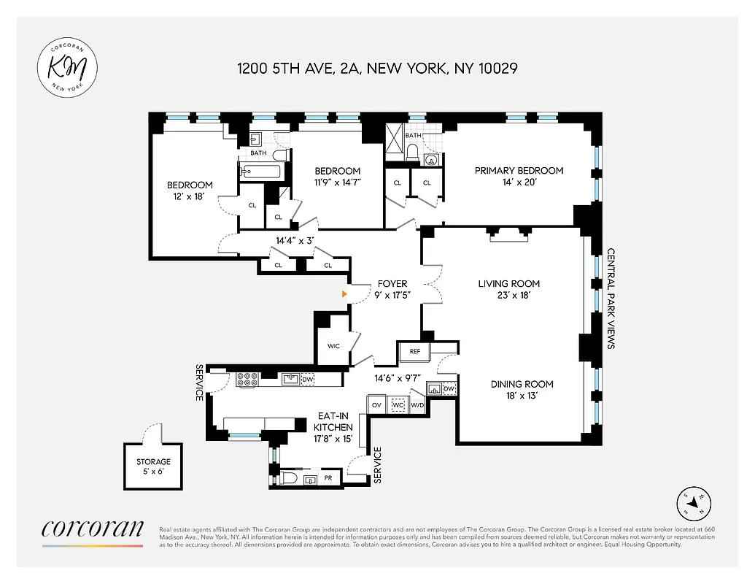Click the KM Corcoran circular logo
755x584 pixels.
(x=68, y=68)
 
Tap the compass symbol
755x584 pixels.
(x=693, y=502)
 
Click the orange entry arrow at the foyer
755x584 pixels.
(x=344, y=294)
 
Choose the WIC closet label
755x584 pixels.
(x=333, y=346)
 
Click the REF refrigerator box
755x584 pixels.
(x=414, y=352)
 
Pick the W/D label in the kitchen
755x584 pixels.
(x=417, y=404)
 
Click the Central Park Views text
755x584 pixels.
(x=611, y=299)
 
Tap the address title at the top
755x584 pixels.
(x=377, y=69)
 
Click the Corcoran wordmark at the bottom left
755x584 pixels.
(x=93, y=529)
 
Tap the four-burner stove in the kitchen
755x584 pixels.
(x=248, y=379)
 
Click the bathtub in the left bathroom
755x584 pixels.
(x=260, y=172)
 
